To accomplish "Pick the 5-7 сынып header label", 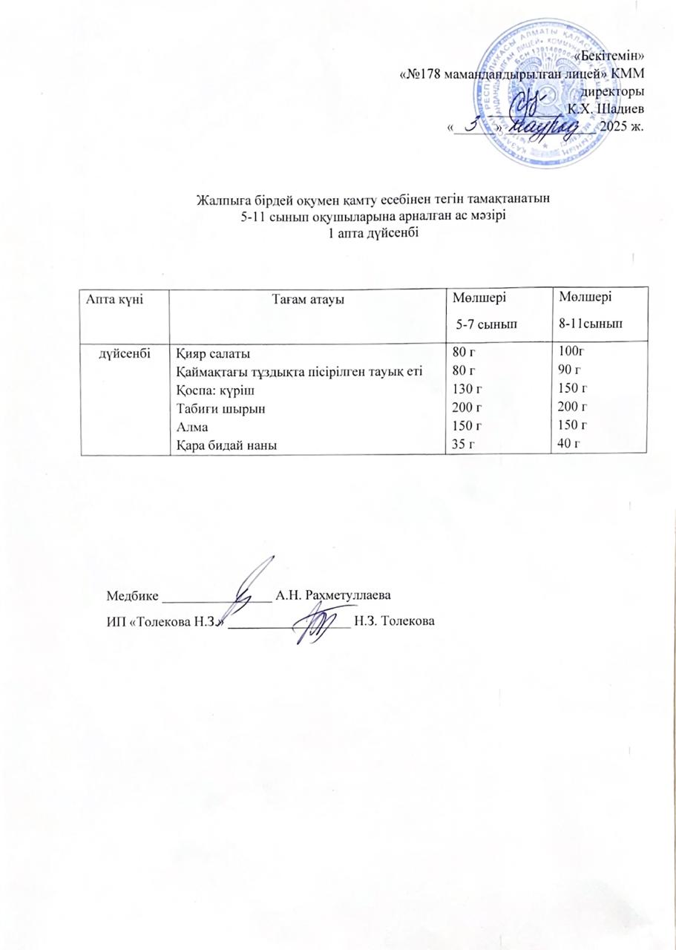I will click(486, 324).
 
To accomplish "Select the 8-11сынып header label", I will click(591, 324).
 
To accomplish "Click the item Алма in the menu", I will click(191, 426).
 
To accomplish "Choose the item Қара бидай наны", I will click(221, 445).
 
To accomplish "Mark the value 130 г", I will click(467, 389).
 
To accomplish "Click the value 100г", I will click(573, 353).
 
